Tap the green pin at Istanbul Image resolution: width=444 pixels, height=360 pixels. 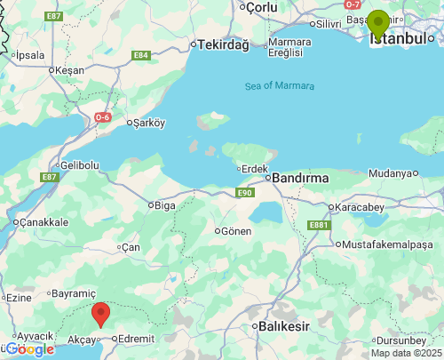pyautogui.click(x=378, y=23)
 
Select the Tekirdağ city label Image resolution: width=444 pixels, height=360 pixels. pyautogui.click(x=223, y=45)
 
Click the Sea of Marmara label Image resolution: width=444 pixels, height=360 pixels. pyautogui.click(x=279, y=85)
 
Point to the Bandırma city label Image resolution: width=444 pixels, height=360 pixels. pyautogui.click(x=299, y=178)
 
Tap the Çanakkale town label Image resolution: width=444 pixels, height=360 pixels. pyautogui.click(x=45, y=221)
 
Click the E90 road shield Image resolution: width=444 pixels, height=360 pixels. pyautogui.click(x=245, y=193)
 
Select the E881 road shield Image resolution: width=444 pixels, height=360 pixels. pyautogui.click(x=318, y=226)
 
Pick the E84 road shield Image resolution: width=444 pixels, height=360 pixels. pyautogui.click(x=140, y=55)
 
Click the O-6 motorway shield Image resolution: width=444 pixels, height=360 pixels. pyautogui.click(x=103, y=116)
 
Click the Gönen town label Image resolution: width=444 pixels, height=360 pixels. pyautogui.click(x=235, y=230)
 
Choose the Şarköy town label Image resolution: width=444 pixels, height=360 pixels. pyautogui.click(x=148, y=124)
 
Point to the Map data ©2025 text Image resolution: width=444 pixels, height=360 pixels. pyautogui.click(x=406, y=353)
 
